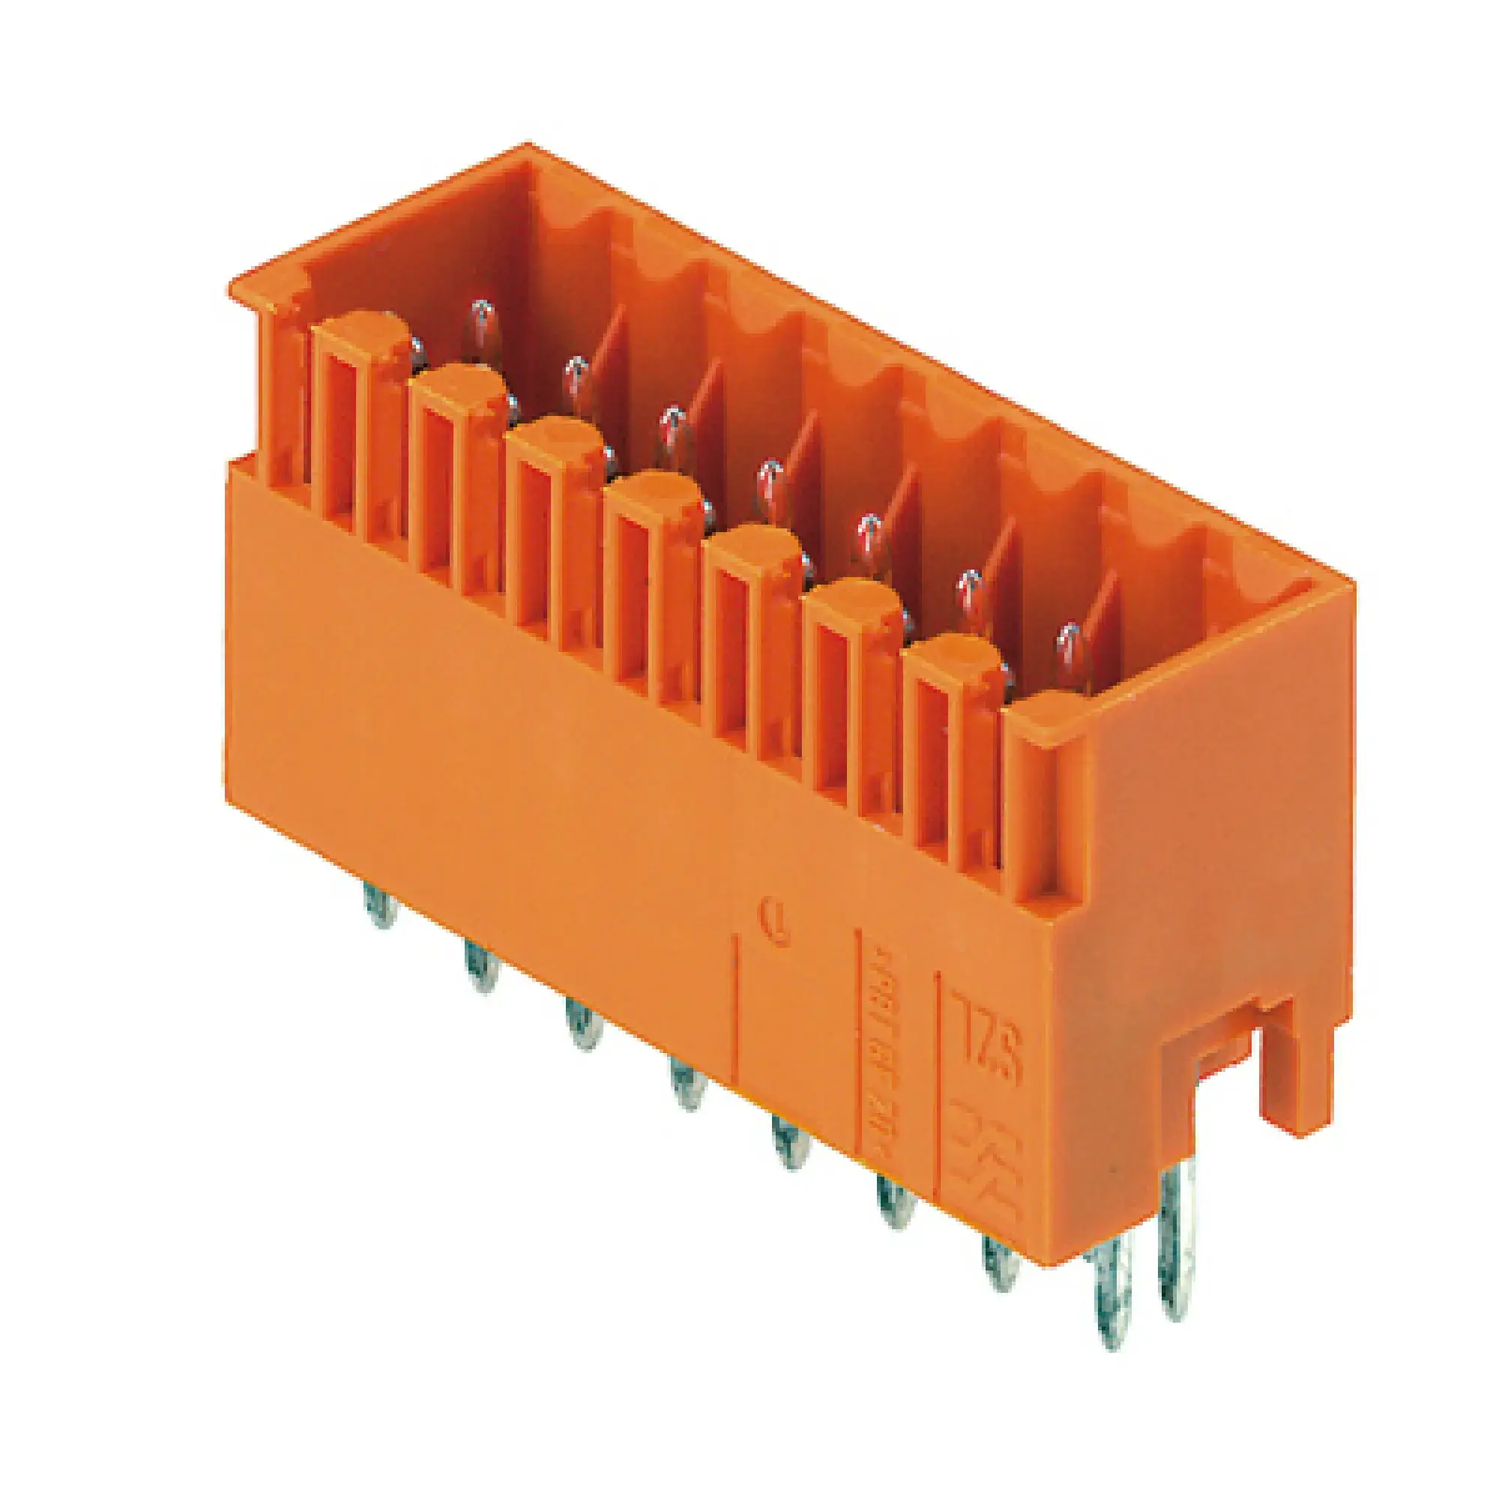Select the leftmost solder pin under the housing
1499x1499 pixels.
point(380,905)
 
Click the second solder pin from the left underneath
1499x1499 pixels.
point(482,966)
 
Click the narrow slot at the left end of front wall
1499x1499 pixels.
point(286,396)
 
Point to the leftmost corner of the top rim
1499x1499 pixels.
point(230,289)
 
